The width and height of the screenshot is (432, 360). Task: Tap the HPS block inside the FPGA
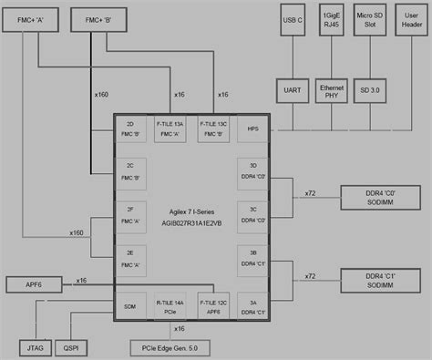click(252, 130)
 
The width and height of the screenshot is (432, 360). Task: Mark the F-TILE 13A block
click(172, 130)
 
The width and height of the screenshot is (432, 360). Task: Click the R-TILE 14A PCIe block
click(172, 307)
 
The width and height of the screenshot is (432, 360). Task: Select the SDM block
click(131, 307)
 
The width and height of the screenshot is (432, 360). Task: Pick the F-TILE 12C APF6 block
click(212, 307)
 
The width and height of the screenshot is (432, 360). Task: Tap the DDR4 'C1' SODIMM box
click(375, 279)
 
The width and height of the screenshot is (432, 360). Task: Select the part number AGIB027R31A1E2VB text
click(191, 221)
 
